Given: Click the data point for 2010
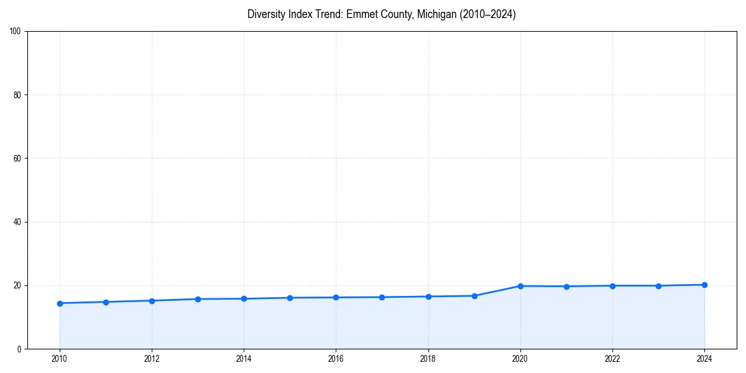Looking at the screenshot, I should pyautogui.click(x=60, y=303).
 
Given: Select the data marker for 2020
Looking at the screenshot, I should pyautogui.click(x=520, y=286).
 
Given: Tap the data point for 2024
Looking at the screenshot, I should pyautogui.click(x=704, y=285).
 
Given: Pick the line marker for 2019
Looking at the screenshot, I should pyautogui.click(x=474, y=296).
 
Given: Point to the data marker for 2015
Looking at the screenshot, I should pyautogui.click(x=290, y=298).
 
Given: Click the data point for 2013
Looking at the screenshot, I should pyautogui.click(x=198, y=299).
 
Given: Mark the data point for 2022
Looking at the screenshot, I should pyautogui.click(x=612, y=286).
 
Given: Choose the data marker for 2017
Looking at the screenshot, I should pyautogui.click(x=382, y=297).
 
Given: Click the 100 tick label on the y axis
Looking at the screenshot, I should pyautogui.click(x=16, y=32).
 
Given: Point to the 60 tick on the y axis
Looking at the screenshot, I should pyautogui.click(x=17, y=159).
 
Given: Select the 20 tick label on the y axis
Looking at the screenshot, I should pyautogui.click(x=17, y=285).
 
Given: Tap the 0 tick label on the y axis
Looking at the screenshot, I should pyautogui.click(x=19, y=349).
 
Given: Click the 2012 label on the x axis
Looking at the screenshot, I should pyautogui.click(x=152, y=359).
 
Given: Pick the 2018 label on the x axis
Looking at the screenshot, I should pyautogui.click(x=428, y=359).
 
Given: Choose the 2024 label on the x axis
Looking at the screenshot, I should pyautogui.click(x=704, y=359).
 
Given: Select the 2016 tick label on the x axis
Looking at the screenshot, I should pyautogui.click(x=336, y=359).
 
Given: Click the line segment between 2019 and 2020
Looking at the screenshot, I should pyautogui.click(x=497, y=291).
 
